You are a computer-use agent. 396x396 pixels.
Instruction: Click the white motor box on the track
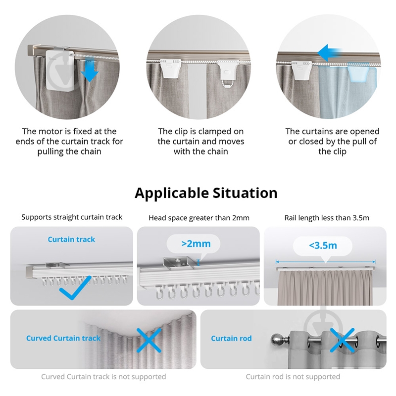(x=60, y=70)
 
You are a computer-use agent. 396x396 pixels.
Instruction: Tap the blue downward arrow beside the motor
(x=90, y=69)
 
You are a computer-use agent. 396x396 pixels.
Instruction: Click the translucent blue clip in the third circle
(x=358, y=72)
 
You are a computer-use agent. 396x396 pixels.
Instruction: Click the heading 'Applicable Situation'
(x=206, y=193)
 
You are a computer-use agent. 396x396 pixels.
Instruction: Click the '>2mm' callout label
(x=196, y=244)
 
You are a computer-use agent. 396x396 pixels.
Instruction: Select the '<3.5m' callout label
(x=323, y=245)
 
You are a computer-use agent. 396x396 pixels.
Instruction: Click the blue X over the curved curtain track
(x=149, y=340)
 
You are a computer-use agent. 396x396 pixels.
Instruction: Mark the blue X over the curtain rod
(x=342, y=340)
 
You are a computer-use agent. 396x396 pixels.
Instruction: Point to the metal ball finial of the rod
(x=277, y=340)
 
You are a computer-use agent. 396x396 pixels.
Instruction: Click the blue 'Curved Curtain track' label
(x=63, y=338)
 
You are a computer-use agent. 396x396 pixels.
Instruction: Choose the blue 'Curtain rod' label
(x=231, y=339)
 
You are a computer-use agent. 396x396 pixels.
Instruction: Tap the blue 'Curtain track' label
(x=71, y=240)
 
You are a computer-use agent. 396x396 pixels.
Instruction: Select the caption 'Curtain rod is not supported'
(x=293, y=377)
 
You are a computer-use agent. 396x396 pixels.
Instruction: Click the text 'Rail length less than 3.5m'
(x=327, y=218)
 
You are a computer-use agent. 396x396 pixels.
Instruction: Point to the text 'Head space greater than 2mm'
(x=199, y=218)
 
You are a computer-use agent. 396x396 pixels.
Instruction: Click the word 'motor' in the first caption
(x=51, y=131)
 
